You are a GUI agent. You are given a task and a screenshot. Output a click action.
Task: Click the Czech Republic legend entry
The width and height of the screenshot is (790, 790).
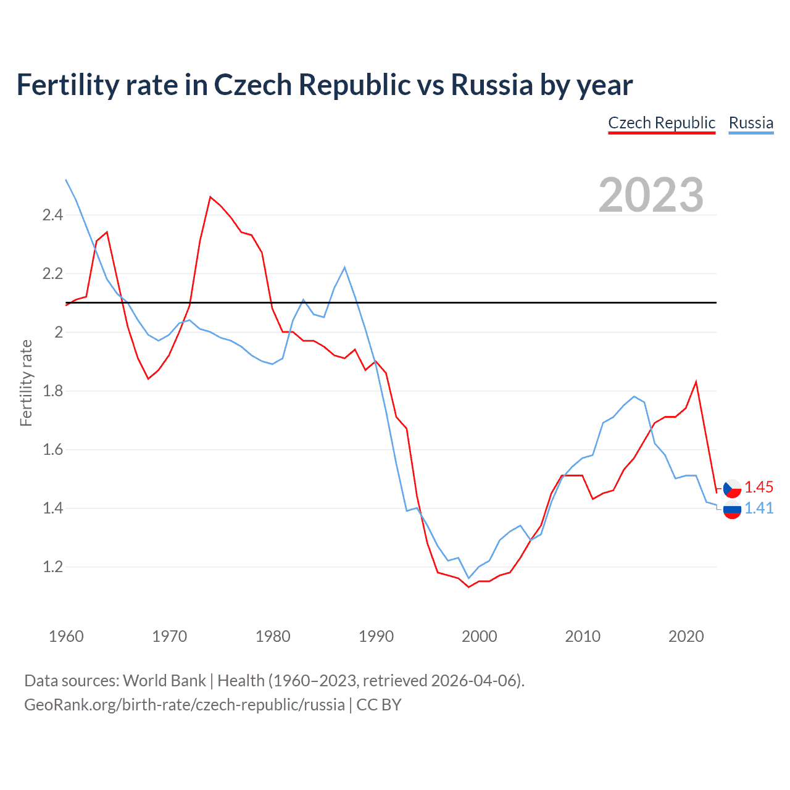click(661, 123)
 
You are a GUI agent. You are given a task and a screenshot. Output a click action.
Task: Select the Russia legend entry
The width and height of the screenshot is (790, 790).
click(750, 123)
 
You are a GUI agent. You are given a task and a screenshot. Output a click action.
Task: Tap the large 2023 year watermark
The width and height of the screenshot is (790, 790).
click(651, 195)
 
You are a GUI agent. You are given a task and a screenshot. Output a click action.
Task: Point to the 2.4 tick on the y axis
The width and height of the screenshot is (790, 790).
click(52, 215)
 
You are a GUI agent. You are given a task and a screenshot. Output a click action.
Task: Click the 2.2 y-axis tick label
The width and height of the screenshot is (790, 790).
click(52, 273)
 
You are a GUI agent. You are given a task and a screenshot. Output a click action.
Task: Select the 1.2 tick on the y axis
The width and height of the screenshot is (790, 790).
click(52, 567)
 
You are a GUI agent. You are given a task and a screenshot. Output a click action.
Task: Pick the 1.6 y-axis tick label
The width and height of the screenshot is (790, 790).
click(52, 449)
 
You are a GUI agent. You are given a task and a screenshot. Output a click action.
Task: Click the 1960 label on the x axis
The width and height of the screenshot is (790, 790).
click(66, 636)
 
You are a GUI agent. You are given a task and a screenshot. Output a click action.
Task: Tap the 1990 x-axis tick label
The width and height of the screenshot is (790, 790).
click(376, 636)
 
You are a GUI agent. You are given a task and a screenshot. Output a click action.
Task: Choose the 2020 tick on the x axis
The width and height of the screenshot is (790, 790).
click(686, 636)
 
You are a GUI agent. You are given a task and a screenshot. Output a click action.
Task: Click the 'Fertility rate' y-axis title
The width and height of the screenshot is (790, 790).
click(26, 383)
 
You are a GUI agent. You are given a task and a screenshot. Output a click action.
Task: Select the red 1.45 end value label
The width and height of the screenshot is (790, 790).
click(759, 487)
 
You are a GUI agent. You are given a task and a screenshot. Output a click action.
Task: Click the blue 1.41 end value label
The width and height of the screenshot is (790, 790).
click(759, 508)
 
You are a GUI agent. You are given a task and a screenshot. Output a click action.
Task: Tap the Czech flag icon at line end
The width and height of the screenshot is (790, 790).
click(732, 488)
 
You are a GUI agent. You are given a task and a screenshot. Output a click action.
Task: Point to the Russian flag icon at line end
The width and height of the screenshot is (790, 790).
click(732, 510)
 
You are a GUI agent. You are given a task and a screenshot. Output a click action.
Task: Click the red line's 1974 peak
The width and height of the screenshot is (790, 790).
click(210, 197)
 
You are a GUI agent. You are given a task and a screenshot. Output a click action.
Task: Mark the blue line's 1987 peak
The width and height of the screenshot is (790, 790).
click(344, 267)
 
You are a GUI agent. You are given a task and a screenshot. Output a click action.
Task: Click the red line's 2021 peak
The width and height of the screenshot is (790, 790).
click(696, 381)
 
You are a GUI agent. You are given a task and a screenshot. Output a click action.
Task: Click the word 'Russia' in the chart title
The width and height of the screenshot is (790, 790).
click(491, 85)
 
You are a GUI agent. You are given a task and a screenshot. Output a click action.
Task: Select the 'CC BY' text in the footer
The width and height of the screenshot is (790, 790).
click(379, 704)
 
